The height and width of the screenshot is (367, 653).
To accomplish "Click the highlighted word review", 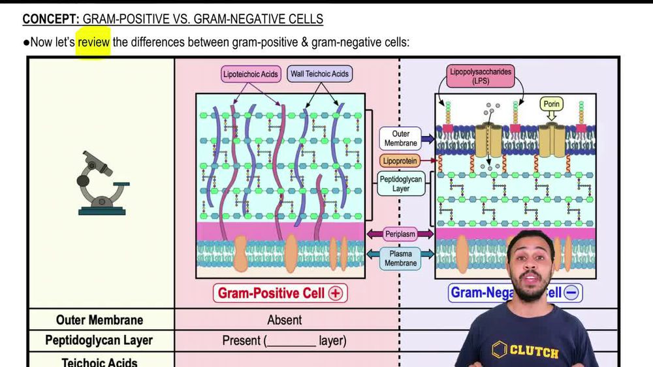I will tap(93, 43).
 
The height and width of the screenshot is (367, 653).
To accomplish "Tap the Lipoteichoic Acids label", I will tap(251, 74).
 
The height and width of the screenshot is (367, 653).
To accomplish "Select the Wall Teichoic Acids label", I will tap(319, 74).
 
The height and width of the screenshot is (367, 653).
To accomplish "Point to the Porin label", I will tap(552, 104).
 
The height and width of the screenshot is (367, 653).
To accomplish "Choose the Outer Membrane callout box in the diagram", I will tap(401, 138).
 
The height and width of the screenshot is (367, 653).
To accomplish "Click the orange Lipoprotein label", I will tap(401, 161).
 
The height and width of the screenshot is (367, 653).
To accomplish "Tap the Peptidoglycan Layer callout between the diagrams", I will tap(401, 183).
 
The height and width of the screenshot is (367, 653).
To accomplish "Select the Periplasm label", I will tap(400, 234).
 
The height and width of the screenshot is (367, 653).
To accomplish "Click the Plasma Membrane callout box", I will tap(400, 258).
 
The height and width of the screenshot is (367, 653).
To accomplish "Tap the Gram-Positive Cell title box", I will tap(280, 293).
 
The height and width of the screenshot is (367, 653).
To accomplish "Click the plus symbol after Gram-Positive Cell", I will tap(336, 293).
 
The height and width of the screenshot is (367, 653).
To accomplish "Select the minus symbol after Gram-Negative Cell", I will tap(571, 293).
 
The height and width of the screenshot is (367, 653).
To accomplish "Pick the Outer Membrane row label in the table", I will tap(99, 320).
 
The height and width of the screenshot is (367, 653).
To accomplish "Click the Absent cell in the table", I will tap(284, 320).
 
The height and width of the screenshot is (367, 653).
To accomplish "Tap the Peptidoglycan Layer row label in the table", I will tap(99, 340).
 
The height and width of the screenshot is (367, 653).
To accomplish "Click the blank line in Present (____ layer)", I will tap(291, 342).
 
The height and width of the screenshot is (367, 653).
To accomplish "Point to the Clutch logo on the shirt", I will tap(526, 351).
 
